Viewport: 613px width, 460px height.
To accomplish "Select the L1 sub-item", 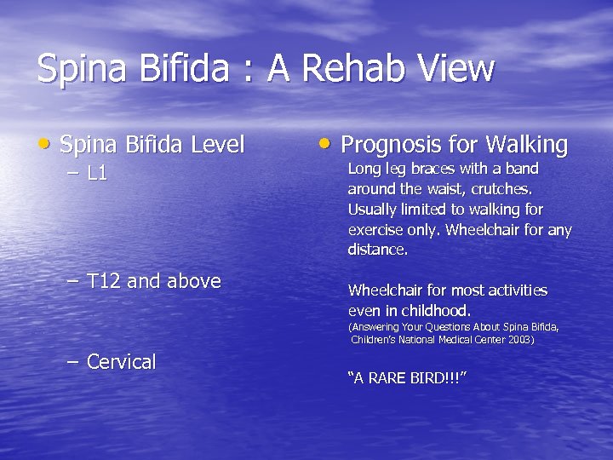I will click(97, 174).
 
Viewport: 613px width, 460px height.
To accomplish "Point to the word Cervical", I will click(122, 362).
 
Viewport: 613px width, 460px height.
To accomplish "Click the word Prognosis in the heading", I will click(386, 145).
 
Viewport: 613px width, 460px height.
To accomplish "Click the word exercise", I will click(375, 230).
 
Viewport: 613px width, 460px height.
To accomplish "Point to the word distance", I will click(377, 250).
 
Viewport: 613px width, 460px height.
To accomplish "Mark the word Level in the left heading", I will click(220, 145).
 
